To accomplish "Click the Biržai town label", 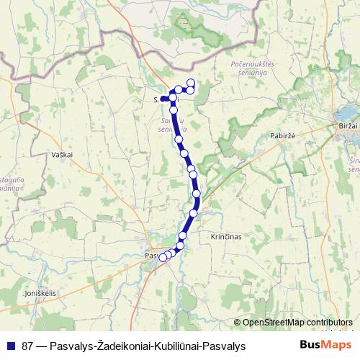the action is click(x=346, y=125).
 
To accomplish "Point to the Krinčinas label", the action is click(x=225, y=236).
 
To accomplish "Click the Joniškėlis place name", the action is click(x=40, y=294).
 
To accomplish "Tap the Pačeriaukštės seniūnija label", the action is click(x=250, y=69).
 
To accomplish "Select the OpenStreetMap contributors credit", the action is click(x=298, y=323).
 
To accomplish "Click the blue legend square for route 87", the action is click(x=12, y=346).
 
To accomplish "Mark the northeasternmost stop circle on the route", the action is click(x=192, y=82).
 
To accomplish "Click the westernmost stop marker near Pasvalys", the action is click(x=163, y=257).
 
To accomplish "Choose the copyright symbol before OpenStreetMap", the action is click(x=238, y=323).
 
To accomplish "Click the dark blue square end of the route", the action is click(x=164, y=99).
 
